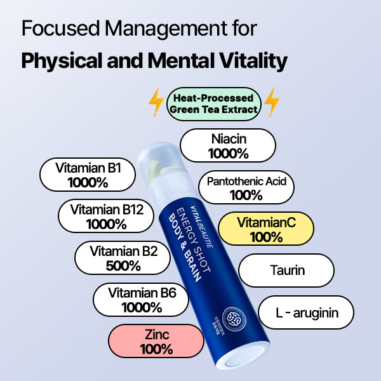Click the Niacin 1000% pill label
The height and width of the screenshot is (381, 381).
tap(228, 145)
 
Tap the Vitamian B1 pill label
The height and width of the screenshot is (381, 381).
tap(88, 175)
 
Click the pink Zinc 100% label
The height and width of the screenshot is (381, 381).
tap(156, 341)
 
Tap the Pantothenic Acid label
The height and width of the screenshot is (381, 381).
tap(247, 188)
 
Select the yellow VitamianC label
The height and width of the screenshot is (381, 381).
tap(266, 230)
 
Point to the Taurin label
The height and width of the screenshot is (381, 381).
tap(288, 271)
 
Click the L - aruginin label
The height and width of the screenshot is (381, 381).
tap(306, 312)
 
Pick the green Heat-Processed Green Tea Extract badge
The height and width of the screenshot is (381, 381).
tap(214, 104)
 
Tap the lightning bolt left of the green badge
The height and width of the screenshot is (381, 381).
tap(156, 102)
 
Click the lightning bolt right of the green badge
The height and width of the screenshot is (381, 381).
tap(272, 102)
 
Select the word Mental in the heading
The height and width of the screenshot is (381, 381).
tap(167, 61)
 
